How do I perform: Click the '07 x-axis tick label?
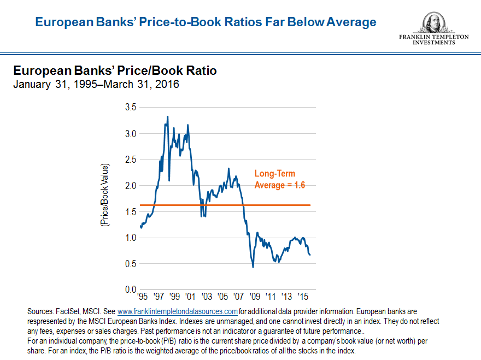238,297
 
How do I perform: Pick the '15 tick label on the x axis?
303,297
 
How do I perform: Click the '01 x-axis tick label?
190,297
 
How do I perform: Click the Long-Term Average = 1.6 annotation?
279,179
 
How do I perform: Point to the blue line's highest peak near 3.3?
167,116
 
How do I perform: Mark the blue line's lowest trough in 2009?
253,267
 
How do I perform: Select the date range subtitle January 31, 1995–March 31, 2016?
96,85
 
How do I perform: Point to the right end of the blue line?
310,255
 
